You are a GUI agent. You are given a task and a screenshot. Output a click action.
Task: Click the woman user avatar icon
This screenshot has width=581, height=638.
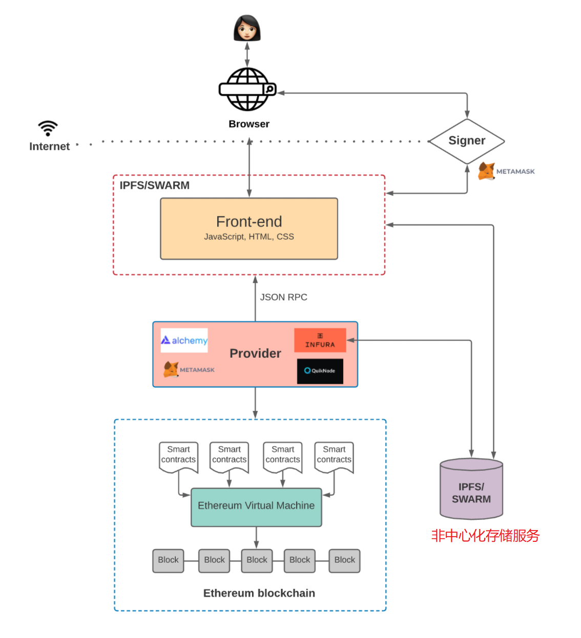click(x=247, y=28)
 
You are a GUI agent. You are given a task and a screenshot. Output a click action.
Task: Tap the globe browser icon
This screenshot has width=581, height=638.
click(x=247, y=90)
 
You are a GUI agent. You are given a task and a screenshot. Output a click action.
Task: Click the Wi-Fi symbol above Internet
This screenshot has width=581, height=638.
click(x=48, y=128)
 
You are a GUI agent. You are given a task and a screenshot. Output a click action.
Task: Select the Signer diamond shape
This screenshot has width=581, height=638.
click(x=467, y=141)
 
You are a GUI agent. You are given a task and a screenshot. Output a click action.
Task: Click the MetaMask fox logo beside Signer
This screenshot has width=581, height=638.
click(x=487, y=171)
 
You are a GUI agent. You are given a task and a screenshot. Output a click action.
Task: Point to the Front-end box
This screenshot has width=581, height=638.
click(x=249, y=229)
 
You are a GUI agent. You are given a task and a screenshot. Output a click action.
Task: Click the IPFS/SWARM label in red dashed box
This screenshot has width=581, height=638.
click(x=154, y=185)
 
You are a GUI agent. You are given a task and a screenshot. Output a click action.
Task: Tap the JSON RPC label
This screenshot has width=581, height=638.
click(x=283, y=297)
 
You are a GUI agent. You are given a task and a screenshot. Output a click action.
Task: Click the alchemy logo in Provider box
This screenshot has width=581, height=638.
click(x=184, y=340)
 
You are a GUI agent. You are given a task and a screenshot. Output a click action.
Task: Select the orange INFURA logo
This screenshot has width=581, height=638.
click(x=320, y=340)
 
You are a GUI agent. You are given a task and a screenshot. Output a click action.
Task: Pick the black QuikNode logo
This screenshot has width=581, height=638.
click(x=320, y=371)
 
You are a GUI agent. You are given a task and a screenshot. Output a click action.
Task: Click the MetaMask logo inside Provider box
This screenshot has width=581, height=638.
click(x=189, y=369)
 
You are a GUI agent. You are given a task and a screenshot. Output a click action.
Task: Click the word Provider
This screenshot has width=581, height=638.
click(x=255, y=354)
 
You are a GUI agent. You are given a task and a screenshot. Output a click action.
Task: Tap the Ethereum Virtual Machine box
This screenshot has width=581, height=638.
click(x=256, y=507)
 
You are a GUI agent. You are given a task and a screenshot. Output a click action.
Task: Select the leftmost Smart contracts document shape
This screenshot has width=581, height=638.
click(x=178, y=456)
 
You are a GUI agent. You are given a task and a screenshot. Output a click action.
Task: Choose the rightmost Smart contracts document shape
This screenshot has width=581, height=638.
click(x=334, y=456)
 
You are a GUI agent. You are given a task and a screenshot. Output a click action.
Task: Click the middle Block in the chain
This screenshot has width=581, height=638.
click(x=257, y=560)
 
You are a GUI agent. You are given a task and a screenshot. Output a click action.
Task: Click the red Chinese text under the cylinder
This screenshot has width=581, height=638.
click(x=485, y=536)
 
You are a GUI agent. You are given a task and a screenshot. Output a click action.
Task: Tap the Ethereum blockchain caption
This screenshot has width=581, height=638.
click(x=259, y=593)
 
